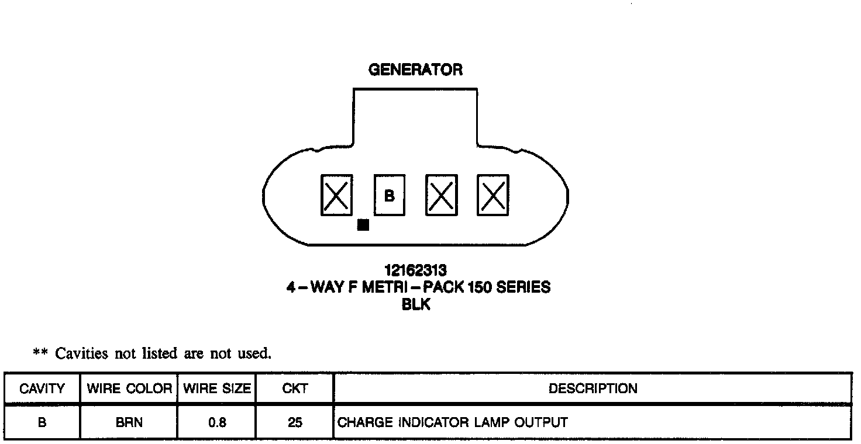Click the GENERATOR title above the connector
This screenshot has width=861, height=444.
pos(415,70)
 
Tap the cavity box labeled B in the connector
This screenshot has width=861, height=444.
pos(390,195)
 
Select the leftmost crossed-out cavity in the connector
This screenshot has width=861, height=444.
pos(337,195)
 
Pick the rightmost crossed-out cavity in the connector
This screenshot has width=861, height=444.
pos(493,195)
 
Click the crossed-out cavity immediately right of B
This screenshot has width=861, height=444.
pos(442,195)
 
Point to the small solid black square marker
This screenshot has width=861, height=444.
pos(363,225)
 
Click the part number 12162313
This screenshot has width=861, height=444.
pos(415,270)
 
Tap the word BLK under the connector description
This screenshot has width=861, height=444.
pos(416,304)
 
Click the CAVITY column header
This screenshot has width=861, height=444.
pos(42,388)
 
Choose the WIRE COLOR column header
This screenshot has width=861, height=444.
pos(129,388)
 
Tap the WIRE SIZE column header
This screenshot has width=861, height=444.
pos(217,388)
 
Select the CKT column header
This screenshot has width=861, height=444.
pos(295,388)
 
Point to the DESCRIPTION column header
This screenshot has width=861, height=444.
pos(593,388)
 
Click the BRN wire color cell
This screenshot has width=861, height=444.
pos(129,422)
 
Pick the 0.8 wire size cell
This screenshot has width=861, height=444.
pos(217,422)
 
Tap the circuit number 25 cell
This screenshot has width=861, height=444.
pos(295,422)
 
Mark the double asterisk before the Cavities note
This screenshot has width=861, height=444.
pos(40,353)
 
